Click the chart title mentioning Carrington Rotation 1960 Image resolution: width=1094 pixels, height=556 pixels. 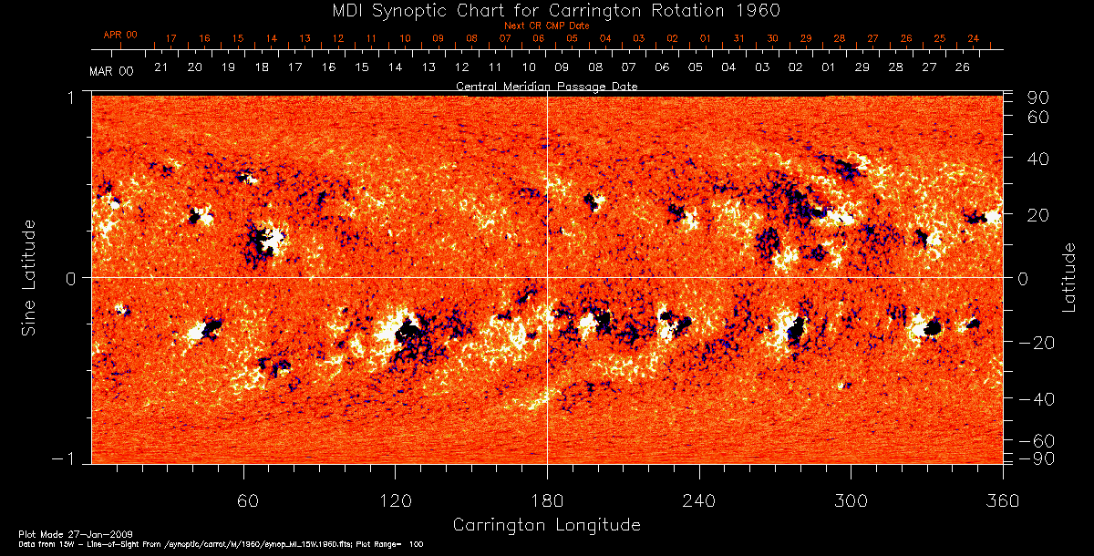[x=546, y=10]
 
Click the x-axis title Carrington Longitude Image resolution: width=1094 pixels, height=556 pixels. [x=546, y=525]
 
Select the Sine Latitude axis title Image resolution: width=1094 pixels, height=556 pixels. [x=29, y=278]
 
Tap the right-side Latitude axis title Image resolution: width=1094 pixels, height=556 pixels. [x=1068, y=278]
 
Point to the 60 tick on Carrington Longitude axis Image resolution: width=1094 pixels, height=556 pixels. [x=243, y=500]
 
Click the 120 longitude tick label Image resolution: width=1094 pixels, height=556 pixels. [x=395, y=500]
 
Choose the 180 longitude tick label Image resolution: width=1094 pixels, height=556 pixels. [x=547, y=500]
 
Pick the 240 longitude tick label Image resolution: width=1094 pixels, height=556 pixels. [x=699, y=500]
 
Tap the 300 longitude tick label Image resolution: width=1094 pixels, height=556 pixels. [x=851, y=500]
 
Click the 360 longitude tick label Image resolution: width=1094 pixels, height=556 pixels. [x=1003, y=500]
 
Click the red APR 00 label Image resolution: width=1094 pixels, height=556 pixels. [x=119, y=35]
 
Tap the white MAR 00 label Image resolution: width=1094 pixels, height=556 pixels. [x=112, y=71]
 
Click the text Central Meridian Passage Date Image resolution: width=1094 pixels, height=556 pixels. [x=546, y=87]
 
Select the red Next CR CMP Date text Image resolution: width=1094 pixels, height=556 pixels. [x=546, y=26]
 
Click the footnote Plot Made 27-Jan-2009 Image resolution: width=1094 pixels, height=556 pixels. [x=56, y=533]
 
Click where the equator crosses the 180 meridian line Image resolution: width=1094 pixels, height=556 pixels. [x=547, y=277]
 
